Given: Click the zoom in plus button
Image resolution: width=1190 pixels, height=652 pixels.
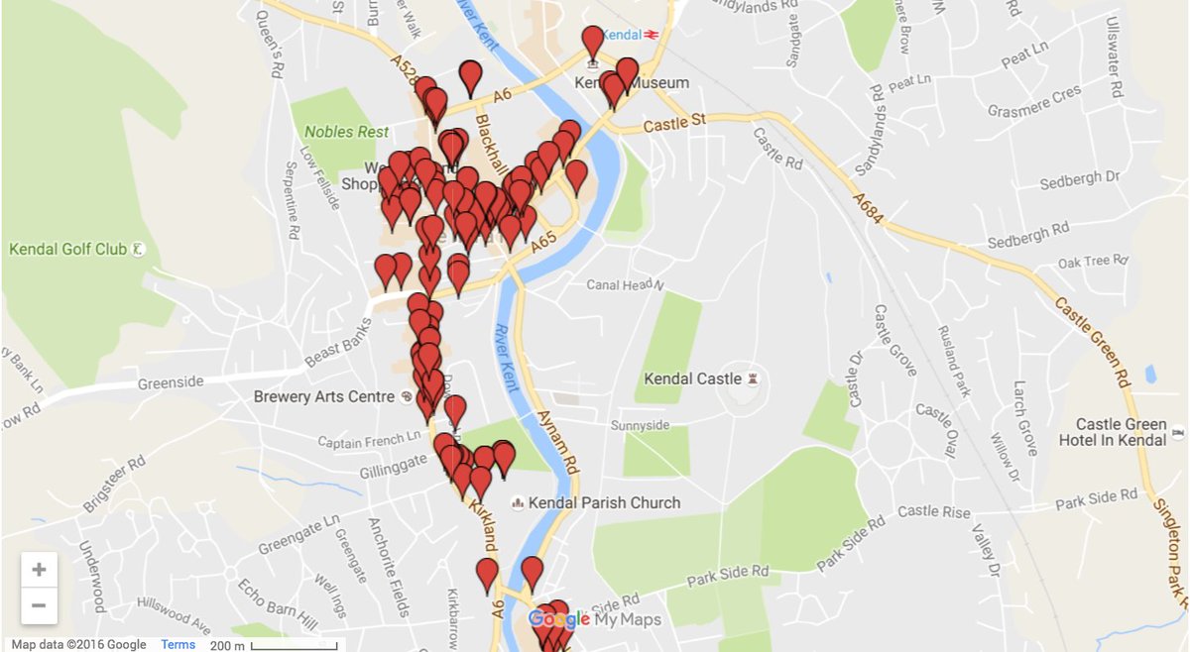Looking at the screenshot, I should point(39,570).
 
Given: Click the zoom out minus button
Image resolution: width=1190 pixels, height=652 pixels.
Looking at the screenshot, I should point(39,605).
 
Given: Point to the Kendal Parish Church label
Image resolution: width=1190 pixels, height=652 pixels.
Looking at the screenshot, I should point(605,502).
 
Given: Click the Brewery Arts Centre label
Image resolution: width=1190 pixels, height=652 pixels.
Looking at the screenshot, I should point(324,397).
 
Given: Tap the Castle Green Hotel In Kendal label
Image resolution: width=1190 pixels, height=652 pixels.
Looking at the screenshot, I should point(1121,432).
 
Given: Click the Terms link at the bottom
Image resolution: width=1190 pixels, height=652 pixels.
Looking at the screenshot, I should point(178,645).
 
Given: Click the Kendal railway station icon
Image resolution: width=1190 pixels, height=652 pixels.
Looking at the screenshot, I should point(652,34).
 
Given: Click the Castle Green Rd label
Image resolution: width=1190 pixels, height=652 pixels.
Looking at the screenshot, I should point(1094,341).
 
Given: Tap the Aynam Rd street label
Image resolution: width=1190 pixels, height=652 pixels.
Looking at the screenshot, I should point(556,441).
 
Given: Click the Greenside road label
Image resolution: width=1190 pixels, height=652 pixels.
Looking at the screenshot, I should point(171,381).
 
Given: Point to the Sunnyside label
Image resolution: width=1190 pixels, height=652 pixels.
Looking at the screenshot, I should point(641,425).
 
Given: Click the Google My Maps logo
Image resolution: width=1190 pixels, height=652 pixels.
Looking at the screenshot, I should point(595,620).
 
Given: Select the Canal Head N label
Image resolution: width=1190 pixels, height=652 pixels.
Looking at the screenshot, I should point(625,285).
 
